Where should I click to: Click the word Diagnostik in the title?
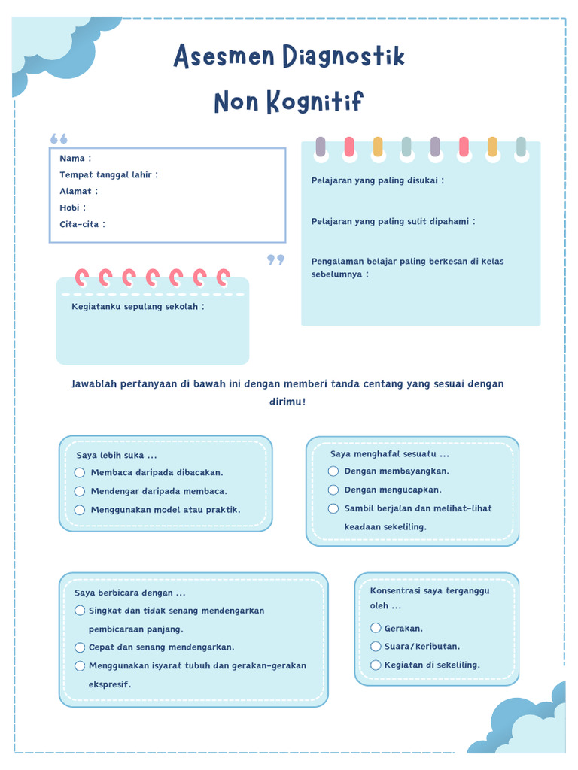(x=343, y=57)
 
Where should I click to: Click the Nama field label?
(x=72, y=159)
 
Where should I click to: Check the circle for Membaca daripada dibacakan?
(x=80, y=472)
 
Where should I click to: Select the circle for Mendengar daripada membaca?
(x=80, y=491)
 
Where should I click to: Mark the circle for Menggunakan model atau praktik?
(x=80, y=510)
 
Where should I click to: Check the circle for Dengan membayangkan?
(x=333, y=471)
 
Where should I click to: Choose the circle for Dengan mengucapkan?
(x=333, y=490)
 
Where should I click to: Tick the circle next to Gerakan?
(x=376, y=628)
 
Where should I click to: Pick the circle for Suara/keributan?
(x=376, y=647)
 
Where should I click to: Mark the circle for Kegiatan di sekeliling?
(x=376, y=665)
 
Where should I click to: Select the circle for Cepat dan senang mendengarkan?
(x=80, y=647)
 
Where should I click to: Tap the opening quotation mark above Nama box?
(x=59, y=139)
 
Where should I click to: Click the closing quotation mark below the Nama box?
(x=276, y=260)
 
